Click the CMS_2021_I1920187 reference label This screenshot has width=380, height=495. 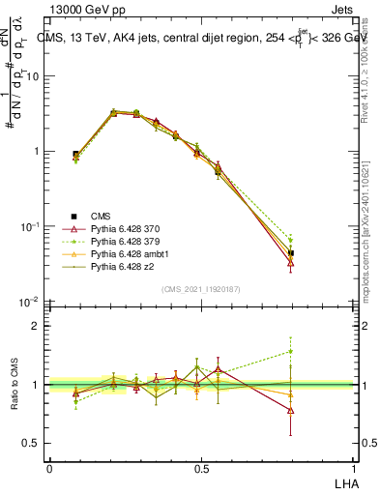coord(201,288)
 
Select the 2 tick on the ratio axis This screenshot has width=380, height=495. coord(35,326)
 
